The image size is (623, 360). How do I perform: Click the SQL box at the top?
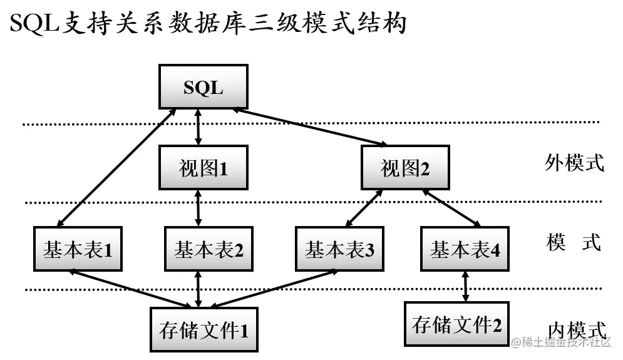203,88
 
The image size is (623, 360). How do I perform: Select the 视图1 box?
203,168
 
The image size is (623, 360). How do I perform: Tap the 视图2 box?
405,168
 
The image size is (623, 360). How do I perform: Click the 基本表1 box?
78,250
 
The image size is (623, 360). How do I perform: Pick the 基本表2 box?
209,250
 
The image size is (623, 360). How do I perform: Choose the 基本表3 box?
339,250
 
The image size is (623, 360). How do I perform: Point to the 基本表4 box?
465,250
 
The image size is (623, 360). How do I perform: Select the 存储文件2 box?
457,324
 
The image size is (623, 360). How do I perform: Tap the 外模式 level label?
574,163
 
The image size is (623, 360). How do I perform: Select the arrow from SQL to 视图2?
310,127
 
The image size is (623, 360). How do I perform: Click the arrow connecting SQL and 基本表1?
116,167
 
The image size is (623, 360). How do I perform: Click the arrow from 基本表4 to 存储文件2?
465,285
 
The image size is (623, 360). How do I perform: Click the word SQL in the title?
34,25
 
